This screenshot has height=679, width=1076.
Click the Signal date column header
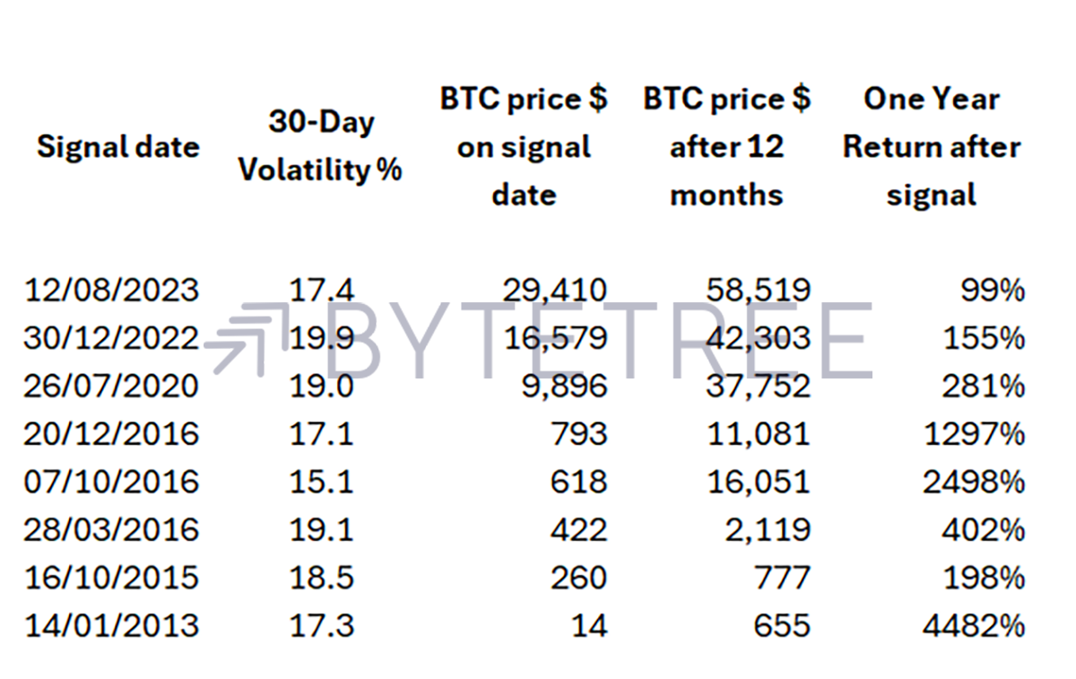(x=118, y=147)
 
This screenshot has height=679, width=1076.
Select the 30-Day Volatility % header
(x=320, y=146)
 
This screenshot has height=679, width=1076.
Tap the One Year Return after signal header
(x=932, y=147)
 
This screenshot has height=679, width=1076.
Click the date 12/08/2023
(x=111, y=291)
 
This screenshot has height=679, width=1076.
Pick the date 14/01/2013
(x=111, y=626)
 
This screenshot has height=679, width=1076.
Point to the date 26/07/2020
(x=111, y=386)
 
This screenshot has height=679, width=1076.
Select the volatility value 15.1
(x=321, y=482)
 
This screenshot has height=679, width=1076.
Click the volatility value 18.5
(x=321, y=578)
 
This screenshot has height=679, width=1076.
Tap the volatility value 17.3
(x=321, y=626)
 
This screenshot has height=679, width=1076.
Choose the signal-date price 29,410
(x=555, y=291)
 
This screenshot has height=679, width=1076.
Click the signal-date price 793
(x=579, y=434)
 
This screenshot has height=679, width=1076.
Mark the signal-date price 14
(x=589, y=626)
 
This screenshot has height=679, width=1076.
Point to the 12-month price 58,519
(x=759, y=291)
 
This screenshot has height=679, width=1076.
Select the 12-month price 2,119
(x=768, y=530)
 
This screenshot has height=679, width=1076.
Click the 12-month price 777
(x=783, y=578)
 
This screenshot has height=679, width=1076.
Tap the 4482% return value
(x=974, y=626)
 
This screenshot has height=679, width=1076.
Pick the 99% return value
(x=993, y=291)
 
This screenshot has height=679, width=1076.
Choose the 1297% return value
(x=975, y=434)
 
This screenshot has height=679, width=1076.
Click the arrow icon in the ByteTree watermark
(x=246, y=338)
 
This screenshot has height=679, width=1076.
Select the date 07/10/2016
(x=111, y=482)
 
